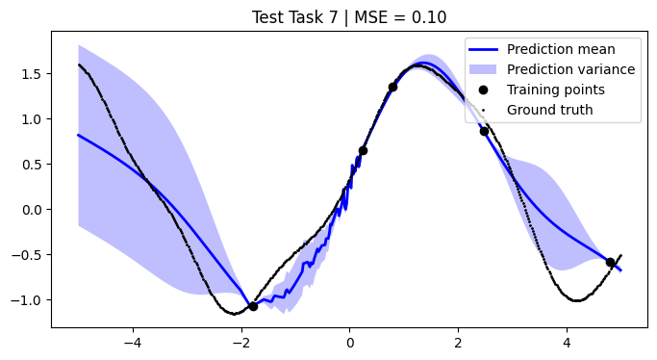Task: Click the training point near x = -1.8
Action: click(x=253, y=306)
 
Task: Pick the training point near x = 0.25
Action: click(x=363, y=150)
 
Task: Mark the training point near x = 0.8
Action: click(x=392, y=88)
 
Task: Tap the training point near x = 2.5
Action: click(x=485, y=132)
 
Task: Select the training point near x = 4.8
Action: click(x=610, y=262)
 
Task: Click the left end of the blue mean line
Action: click(x=79, y=136)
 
